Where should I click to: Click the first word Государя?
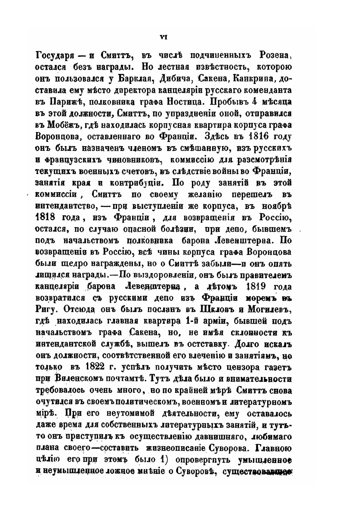(x=53, y=58)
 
